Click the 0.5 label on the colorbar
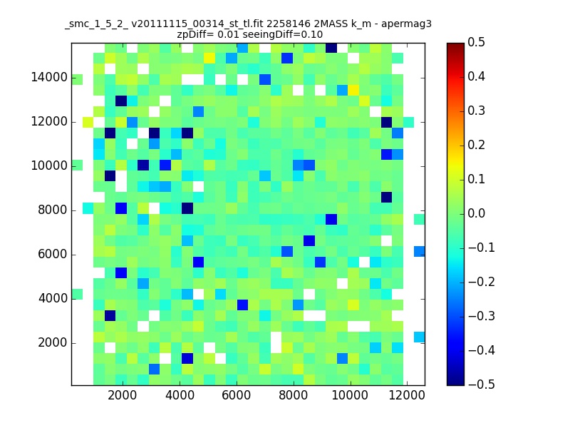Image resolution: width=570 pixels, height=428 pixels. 476,42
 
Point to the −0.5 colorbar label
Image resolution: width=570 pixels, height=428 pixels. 482,384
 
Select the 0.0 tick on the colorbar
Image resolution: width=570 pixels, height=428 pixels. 476,213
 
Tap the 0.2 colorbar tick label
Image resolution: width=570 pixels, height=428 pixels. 476,145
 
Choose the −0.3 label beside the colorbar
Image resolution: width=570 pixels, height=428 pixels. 482,316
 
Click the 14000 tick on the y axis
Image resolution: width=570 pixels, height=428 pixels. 49,78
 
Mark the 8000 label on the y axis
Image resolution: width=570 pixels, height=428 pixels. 52,210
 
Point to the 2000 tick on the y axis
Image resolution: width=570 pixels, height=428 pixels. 52,342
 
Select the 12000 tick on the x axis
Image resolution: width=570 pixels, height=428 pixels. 407,395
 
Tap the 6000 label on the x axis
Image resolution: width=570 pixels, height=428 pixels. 237,395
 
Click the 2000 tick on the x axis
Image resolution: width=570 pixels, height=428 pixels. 123,395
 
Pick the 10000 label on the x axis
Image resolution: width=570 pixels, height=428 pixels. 350,395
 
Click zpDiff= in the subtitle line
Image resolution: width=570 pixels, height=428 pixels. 195,35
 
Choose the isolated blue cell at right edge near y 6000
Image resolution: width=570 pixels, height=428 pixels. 419,251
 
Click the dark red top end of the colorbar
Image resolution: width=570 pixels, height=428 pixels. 455,46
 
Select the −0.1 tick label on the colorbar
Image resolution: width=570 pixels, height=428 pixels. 482,248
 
